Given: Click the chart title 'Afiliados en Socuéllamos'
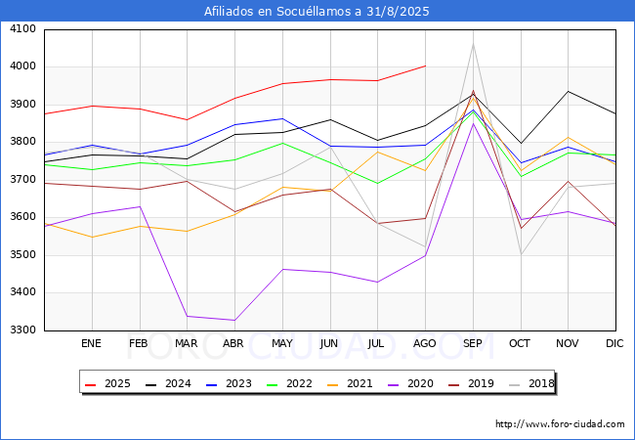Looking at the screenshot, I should [317, 12].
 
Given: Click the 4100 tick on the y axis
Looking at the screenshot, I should [23, 29].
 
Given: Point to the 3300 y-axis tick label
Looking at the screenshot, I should [23, 330].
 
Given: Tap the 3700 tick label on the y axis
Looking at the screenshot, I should [23, 180].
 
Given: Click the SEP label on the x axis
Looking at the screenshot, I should [473, 344].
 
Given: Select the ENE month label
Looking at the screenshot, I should [92, 344].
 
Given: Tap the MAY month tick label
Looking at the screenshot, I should [282, 344].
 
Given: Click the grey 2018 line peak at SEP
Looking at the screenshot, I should [473, 44].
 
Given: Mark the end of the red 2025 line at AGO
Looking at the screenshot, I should [425, 66].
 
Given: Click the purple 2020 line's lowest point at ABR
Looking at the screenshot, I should [234, 320].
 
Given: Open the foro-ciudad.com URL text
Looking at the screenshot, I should [560, 424].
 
